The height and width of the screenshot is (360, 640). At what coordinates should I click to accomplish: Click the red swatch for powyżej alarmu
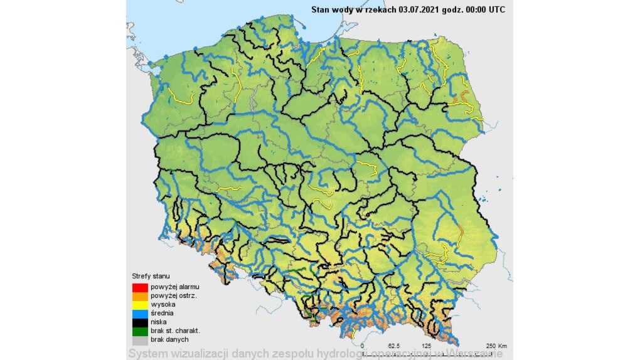click(139, 287)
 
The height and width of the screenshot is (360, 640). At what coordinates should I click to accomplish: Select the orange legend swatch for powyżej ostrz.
click(139, 295)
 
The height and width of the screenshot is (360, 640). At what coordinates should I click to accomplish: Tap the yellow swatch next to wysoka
click(139, 304)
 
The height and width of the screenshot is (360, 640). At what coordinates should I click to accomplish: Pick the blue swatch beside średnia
click(139, 313)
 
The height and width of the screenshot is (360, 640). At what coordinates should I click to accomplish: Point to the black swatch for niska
click(139, 322)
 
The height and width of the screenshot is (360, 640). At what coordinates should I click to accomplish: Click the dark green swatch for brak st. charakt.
click(139, 331)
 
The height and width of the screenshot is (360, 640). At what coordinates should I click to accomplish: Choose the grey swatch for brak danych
click(139, 339)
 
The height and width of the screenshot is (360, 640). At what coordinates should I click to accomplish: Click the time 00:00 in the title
click(471, 9)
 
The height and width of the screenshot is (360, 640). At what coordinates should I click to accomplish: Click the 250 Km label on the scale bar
click(496, 346)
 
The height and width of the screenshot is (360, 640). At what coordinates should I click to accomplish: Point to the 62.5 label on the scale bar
click(395, 346)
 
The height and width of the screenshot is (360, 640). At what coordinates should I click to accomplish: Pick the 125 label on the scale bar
click(427, 346)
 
